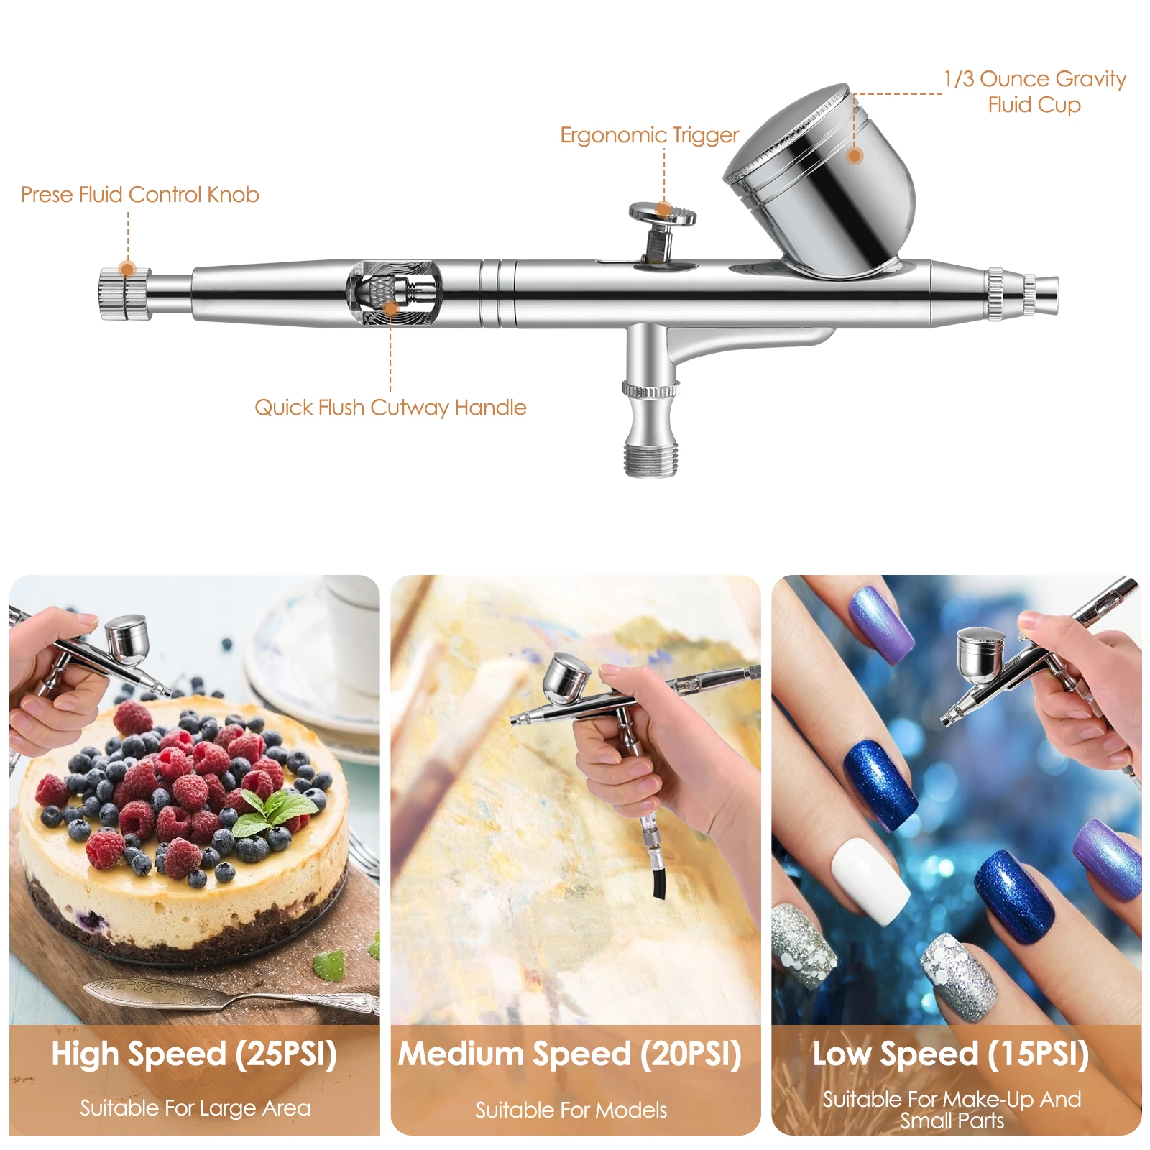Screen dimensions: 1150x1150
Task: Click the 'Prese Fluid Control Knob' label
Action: point(139,195)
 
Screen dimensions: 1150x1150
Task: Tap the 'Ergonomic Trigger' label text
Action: point(649,136)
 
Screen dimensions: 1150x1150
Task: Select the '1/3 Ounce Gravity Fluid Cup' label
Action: point(1035,91)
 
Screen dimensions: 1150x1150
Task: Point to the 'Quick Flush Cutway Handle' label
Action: point(390,408)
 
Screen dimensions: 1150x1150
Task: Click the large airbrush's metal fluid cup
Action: point(822,180)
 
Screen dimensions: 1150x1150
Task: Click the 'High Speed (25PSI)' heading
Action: point(194,1054)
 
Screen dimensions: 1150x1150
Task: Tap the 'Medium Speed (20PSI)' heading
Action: point(570,1054)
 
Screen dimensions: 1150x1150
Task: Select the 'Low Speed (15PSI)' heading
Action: point(950,1054)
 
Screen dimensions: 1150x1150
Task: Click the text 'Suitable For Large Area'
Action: point(195,1108)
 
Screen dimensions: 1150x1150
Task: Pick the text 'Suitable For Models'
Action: point(571,1110)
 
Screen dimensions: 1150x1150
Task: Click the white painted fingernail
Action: point(870,879)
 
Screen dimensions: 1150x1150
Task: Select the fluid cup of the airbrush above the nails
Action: point(980,655)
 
